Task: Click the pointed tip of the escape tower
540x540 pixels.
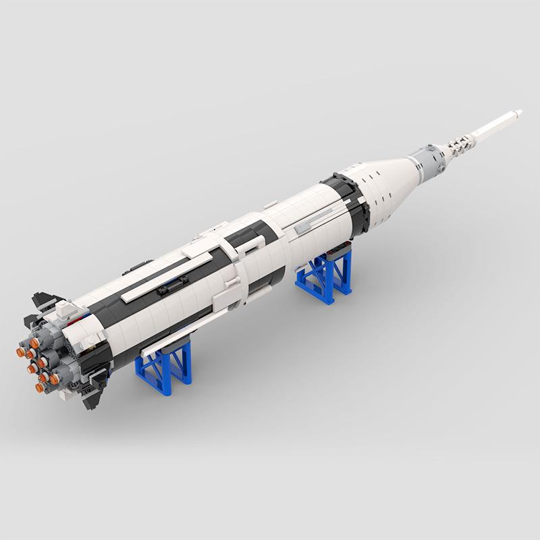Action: coord(519,110)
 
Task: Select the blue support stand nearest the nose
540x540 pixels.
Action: coord(325,277)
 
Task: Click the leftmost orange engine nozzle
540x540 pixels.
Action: coord(20,351)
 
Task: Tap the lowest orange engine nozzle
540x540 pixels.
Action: coord(54,379)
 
